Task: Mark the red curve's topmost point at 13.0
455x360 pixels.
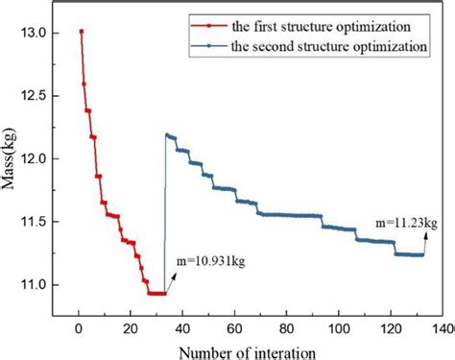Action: click(x=81, y=31)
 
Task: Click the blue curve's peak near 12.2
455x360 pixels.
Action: click(x=168, y=134)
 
